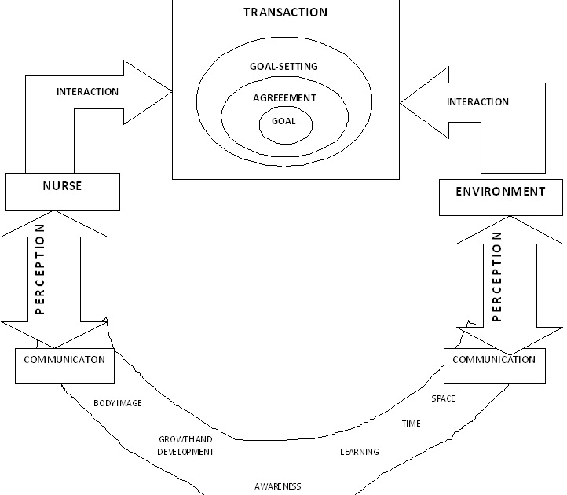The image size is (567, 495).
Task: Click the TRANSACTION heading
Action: click(x=285, y=13)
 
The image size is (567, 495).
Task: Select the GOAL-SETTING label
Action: click(x=284, y=67)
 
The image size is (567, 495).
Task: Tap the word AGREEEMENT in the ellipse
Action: click(x=284, y=98)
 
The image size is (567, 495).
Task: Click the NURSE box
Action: click(x=62, y=187)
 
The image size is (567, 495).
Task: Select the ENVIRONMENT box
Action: click(x=500, y=192)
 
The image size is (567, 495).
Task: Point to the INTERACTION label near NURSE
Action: click(x=87, y=92)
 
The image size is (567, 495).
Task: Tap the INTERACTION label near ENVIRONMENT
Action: click(x=477, y=102)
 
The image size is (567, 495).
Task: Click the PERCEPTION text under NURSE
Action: click(x=40, y=269)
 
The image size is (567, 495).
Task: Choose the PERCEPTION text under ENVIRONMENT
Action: click(x=496, y=276)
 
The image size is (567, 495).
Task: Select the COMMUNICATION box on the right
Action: click(x=495, y=360)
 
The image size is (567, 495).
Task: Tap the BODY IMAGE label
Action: click(x=117, y=403)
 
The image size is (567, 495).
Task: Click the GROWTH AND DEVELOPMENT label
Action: click(x=185, y=446)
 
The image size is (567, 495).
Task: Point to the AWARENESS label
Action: click(x=277, y=486)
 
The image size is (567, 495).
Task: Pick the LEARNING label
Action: click(x=359, y=452)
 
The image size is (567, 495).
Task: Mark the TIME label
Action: click(x=411, y=423)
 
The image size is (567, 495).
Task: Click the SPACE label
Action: click(x=443, y=398)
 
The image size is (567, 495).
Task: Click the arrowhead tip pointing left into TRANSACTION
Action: click(x=401, y=103)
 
